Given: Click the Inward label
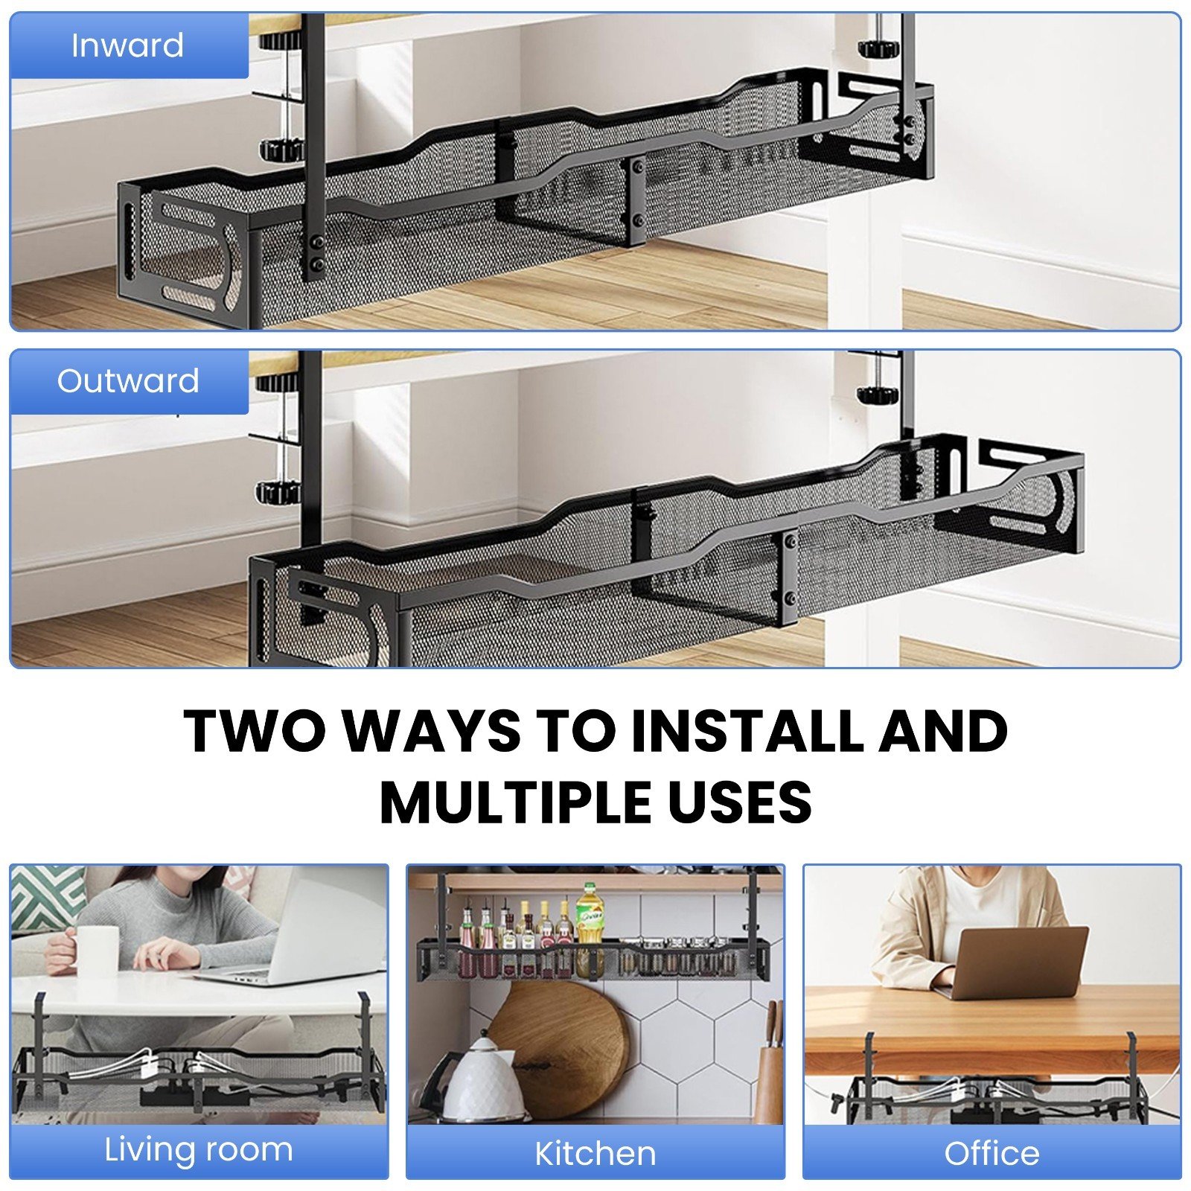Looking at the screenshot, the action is click(x=127, y=45).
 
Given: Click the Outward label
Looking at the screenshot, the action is click(x=128, y=380).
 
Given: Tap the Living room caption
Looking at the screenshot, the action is click(x=199, y=1150).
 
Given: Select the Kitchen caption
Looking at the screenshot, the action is click(x=595, y=1154).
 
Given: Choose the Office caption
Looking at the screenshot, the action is click(x=992, y=1153).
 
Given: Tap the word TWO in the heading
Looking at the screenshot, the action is click(x=255, y=731).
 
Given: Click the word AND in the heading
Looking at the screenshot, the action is click(x=944, y=731).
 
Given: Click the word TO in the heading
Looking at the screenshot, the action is click(x=576, y=731).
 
